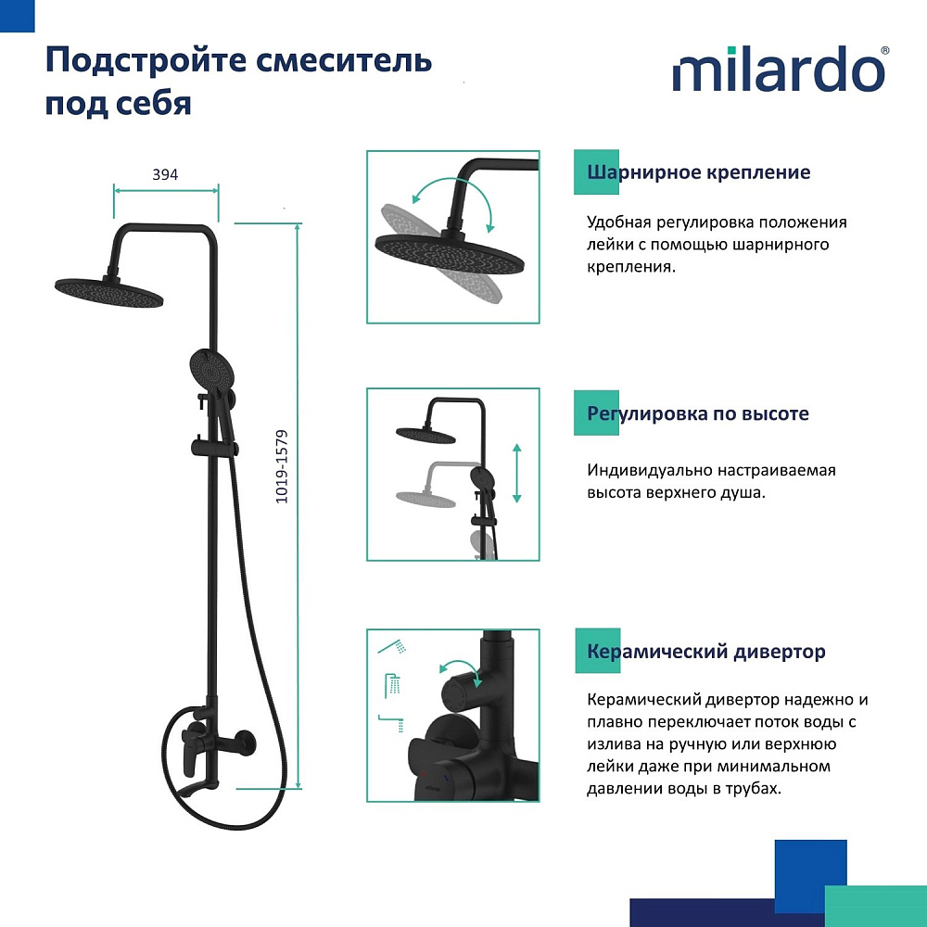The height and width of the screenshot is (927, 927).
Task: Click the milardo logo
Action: point(781,69)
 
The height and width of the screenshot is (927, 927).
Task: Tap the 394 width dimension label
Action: point(165,174)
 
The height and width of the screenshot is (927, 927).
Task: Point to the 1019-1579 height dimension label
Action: point(282,466)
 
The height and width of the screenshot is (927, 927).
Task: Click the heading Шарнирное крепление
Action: point(698,172)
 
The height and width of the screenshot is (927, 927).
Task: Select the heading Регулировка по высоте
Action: point(698,413)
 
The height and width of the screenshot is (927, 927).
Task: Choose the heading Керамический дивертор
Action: point(705,652)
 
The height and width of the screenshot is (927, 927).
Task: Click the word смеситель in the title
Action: point(344,60)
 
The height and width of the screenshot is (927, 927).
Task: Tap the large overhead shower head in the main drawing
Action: point(108,292)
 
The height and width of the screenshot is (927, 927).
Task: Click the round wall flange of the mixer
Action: point(244,743)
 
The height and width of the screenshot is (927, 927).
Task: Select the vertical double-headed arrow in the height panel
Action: point(516,473)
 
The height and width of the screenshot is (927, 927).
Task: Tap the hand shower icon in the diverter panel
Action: point(392,647)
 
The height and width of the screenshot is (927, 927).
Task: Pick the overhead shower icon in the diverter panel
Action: point(393,686)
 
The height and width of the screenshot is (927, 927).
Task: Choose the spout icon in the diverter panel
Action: point(391,724)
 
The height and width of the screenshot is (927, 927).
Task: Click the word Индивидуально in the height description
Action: point(650,471)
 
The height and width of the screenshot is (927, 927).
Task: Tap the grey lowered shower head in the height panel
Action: point(425,499)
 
